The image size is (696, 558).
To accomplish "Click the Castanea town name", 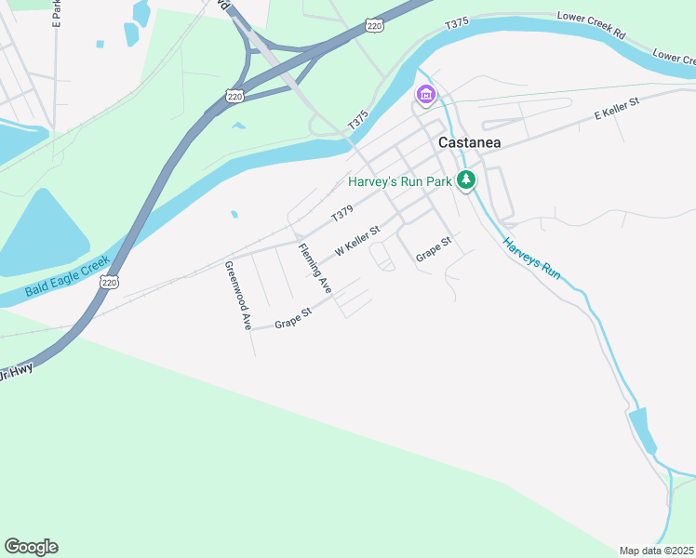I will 469,142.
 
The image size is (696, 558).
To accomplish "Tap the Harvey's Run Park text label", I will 399,181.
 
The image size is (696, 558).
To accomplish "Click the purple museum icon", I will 426,94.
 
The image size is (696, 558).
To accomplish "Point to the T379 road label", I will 342,216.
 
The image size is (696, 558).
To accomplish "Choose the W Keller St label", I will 358,242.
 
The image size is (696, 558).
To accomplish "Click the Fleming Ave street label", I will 315,268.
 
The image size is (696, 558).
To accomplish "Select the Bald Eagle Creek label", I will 68,277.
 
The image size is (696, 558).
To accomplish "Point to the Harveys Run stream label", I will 532,259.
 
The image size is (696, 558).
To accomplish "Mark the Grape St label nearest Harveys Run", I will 433,249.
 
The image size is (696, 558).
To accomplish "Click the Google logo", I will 31,547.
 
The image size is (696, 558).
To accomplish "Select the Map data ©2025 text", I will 657,551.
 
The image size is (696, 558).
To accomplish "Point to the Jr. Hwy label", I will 16,372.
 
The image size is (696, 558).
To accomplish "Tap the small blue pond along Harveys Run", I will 642,430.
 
